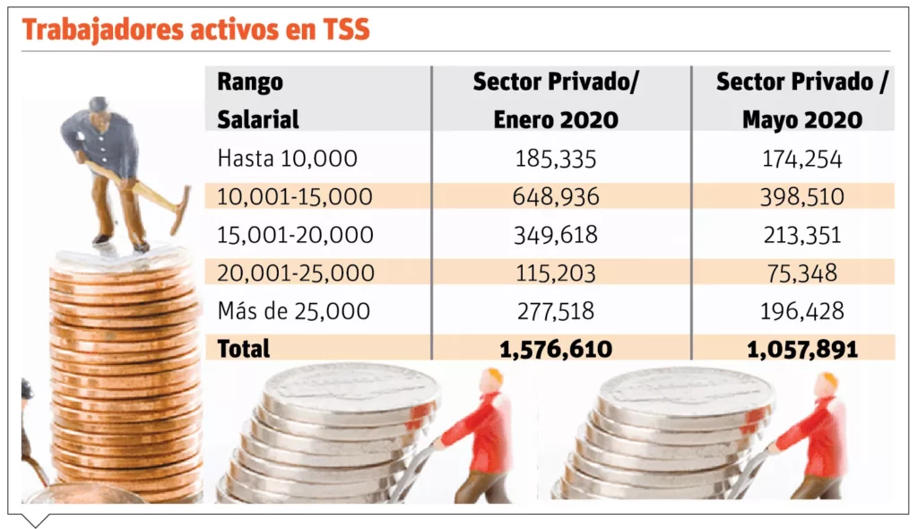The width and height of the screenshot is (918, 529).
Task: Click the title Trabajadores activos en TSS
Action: coord(196,30)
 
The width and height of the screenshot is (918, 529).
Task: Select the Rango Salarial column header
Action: coord(258,100)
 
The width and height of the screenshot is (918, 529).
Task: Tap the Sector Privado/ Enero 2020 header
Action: coord(556,100)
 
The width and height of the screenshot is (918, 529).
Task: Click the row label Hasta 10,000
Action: coord(287,159)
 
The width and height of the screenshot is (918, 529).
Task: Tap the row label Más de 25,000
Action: coord(293,311)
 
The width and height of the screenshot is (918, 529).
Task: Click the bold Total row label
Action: coord(243,348)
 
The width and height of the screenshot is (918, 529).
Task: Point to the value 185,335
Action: coord(556,159)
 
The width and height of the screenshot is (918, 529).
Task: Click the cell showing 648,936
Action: coord(556,196)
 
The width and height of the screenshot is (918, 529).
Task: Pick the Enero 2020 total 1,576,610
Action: coord(556,349)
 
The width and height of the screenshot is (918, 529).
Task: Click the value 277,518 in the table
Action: coord(556,311)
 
